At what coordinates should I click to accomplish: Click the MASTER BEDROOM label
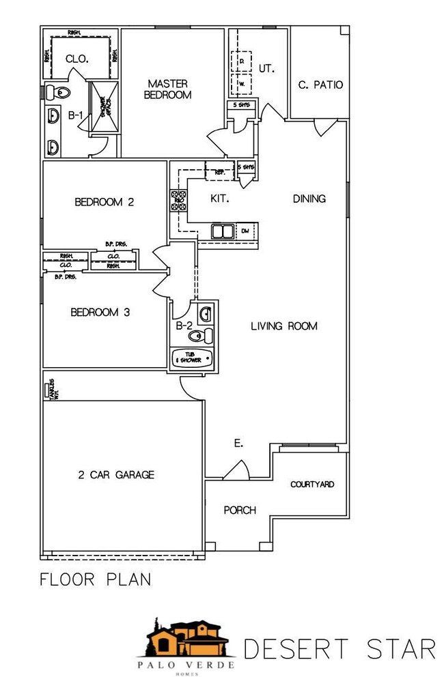tap(167, 89)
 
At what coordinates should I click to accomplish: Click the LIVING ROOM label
tap(283, 326)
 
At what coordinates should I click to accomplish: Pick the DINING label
tap(309, 199)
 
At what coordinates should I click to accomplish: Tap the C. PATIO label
tap(320, 85)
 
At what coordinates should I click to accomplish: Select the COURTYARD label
tap(312, 485)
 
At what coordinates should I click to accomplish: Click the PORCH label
tap(240, 510)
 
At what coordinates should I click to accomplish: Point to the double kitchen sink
tap(222, 232)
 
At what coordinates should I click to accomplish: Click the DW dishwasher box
tap(245, 232)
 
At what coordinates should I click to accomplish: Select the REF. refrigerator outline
tap(220, 172)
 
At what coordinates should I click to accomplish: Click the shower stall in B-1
tap(105, 109)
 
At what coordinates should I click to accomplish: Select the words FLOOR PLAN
tap(95, 580)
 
